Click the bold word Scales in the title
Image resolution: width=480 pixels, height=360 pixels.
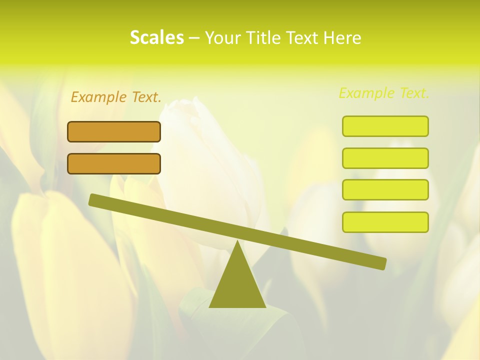(156, 37)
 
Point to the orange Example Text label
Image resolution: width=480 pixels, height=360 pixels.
(116, 97)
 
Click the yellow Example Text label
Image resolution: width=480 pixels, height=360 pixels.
(384, 93)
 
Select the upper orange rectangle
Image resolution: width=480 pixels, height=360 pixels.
(114, 131)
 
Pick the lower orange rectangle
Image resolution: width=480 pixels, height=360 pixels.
(114, 163)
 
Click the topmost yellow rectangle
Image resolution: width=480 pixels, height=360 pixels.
(385, 126)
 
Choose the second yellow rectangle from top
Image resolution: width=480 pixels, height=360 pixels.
(385, 158)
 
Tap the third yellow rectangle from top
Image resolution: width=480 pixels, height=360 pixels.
(385, 189)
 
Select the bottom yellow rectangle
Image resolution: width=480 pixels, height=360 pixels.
(385, 222)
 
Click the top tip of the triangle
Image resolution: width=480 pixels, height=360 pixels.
(237, 242)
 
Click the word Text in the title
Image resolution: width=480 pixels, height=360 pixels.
(304, 38)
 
